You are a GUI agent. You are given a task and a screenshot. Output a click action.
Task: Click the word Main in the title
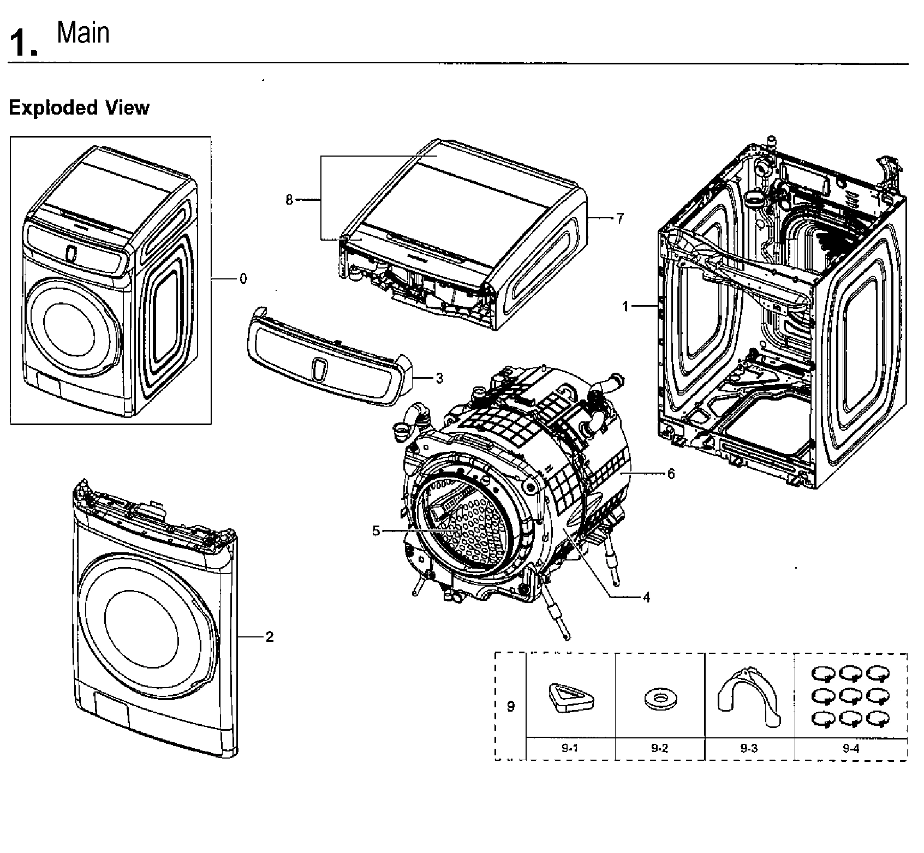[x=83, y=33]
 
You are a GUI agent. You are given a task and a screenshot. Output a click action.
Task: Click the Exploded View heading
[x=79, y=108]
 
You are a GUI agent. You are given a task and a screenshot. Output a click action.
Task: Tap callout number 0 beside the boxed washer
[x=243, y=279]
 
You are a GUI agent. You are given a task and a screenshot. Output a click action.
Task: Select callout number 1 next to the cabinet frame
[x=626, y=307]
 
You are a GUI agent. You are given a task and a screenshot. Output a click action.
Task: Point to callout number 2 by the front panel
[x=269, y=636]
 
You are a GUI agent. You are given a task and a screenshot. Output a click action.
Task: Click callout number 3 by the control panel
[x=439, y=378]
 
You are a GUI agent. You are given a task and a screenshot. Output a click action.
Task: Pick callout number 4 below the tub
[x=646, y=597]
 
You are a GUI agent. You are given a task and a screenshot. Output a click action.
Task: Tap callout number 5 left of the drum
[x=376, y=530]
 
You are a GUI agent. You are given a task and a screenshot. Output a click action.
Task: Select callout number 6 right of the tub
[x=671, y=474]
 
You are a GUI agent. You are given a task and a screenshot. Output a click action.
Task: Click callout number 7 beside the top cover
[x=619, y=219]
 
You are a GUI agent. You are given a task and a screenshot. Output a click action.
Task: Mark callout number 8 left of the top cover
[x=289, y=200]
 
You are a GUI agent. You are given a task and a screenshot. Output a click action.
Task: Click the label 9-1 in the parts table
[x=569, y=748]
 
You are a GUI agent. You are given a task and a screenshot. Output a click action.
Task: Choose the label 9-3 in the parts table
[x=749, y=748]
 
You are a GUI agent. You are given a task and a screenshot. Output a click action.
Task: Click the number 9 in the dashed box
[x=510, y=706]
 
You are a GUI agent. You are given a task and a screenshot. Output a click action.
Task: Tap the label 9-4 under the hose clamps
[x=850, y=748]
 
